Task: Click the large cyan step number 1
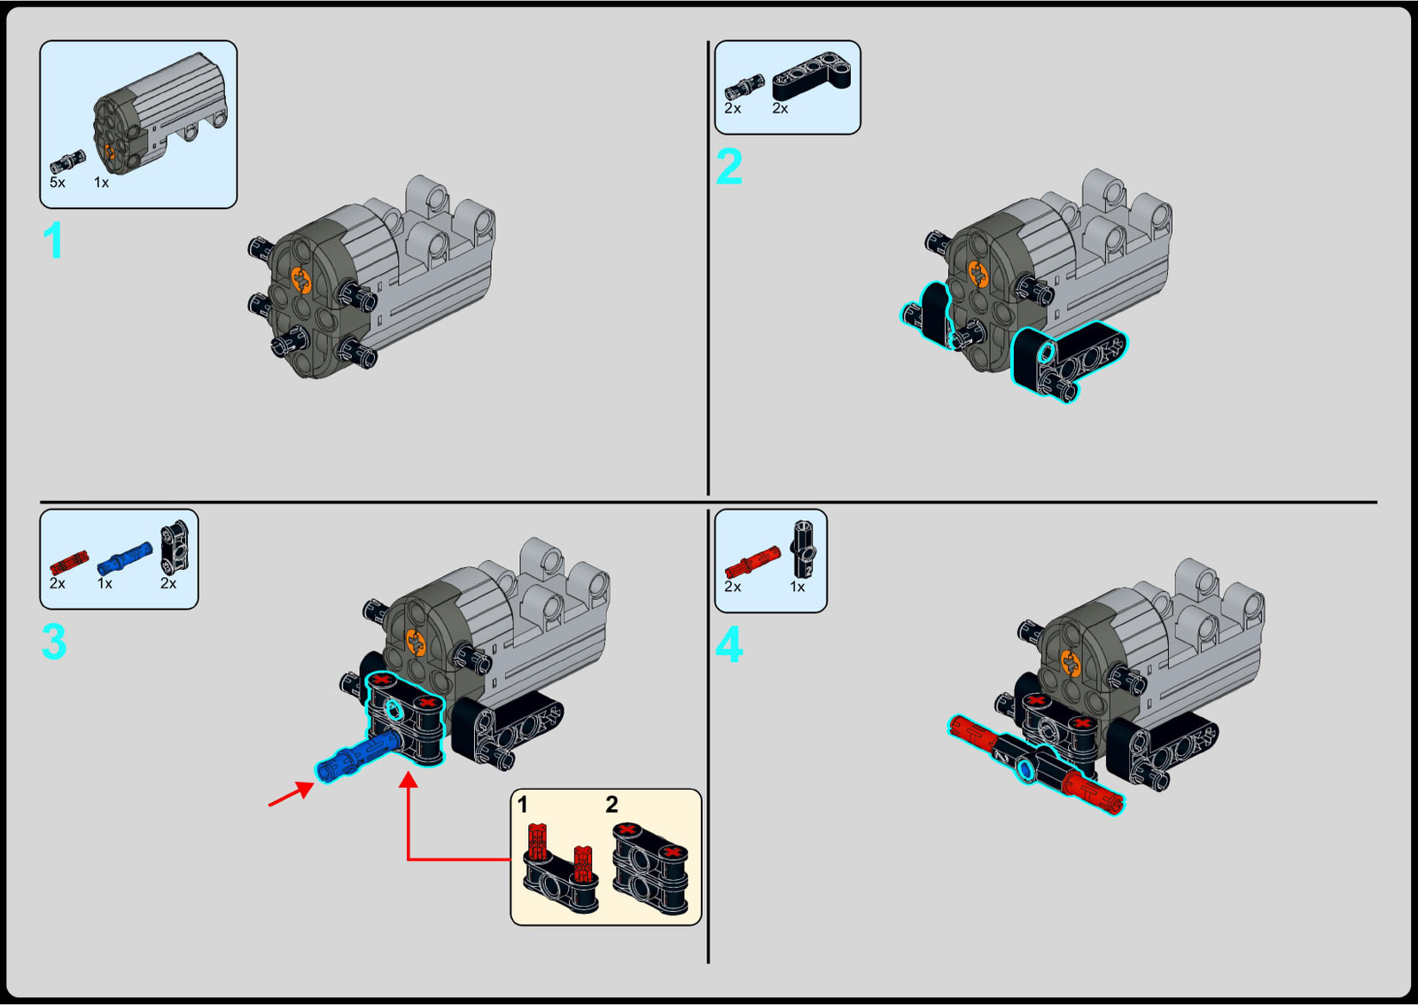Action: (53, 240)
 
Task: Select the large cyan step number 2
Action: (728, 167)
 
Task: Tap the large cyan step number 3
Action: (54, 642)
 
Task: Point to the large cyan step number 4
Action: (728, 644)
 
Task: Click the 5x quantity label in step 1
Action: (57, 183)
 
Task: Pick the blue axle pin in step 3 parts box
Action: (125, 557)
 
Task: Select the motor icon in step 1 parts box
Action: (160, 113)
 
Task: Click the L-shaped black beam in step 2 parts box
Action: (812, 76)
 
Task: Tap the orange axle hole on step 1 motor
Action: (301, 280)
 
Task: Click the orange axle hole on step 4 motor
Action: (1071, 664)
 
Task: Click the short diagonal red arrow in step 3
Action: (292, 793)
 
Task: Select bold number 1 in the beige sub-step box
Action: (522, 805)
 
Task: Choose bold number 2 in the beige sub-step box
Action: (611, 805)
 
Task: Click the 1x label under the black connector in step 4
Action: (797, 587)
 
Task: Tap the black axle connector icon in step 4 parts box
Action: (803, 549)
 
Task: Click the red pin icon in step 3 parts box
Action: (69, 562)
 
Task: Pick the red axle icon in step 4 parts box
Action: (752, 562)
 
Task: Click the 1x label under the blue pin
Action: (105, 583)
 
